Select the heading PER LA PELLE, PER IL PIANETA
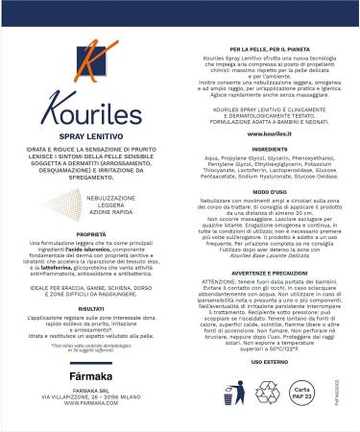(x=268, y=46)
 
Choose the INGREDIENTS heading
(x=268, y=151)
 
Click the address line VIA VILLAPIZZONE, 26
(x=90, y=396)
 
